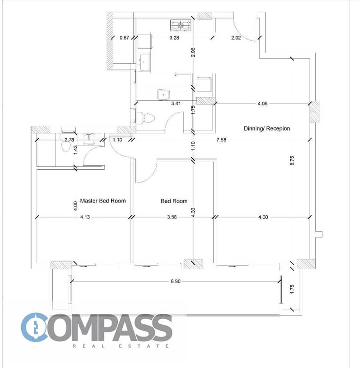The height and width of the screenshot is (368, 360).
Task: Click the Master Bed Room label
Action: click(103, 201)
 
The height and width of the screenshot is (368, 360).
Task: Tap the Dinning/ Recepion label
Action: click(267, 129)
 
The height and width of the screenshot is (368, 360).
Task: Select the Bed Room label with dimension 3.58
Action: click(174, 201)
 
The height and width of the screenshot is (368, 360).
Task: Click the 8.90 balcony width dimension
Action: click(175, 281)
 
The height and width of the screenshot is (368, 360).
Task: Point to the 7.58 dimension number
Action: click(221, 140)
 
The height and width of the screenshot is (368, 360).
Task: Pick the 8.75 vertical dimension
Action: click(292, 160)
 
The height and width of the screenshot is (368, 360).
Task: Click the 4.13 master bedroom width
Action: click(85, 217)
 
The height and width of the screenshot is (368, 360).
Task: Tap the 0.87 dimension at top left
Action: click(124, 37)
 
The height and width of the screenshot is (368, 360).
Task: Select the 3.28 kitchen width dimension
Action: click(174, 37)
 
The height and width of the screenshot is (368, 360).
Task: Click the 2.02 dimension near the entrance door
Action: click(236, 37)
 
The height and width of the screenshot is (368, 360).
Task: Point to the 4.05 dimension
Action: click(262, 104)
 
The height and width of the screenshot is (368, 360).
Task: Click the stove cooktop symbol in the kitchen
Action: click(180, 25)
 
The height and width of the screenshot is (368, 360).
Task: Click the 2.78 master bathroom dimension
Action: click(69, 140)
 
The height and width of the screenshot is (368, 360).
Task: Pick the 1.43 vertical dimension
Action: click(75, 150)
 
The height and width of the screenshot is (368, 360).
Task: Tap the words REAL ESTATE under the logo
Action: click(121, 346)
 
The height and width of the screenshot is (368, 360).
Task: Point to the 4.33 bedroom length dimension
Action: click(193, 213)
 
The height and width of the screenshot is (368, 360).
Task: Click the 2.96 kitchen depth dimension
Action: click(193, 52)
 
